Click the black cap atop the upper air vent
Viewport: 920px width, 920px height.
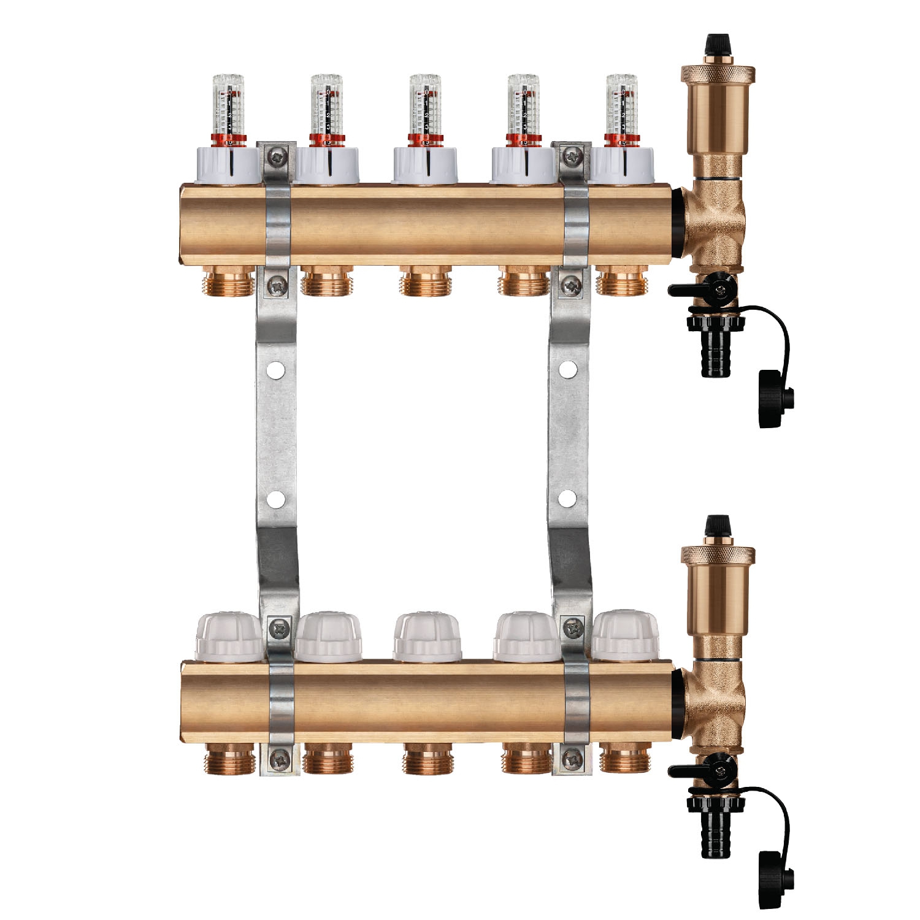(x=712, y=44)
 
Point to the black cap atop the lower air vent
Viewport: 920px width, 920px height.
(x=712, y=525)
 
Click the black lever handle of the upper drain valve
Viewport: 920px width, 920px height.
(x=687, y=289)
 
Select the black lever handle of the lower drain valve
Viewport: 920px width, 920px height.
(x=687, y=769)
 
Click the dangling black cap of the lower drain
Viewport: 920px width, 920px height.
(x=775, y=878)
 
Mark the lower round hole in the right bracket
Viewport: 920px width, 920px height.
(x=568, y=499)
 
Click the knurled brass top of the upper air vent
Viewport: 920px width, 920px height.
(x=712, y=72)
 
